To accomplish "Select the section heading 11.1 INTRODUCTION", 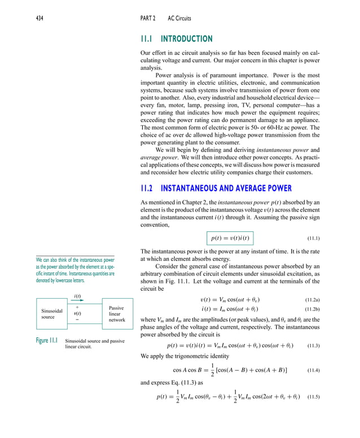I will point(177,39).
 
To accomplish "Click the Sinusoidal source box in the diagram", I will point(52,314).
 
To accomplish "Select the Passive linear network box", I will point(117,314).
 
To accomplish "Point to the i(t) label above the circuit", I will point(77,296).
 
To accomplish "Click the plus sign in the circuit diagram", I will point(77,307).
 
